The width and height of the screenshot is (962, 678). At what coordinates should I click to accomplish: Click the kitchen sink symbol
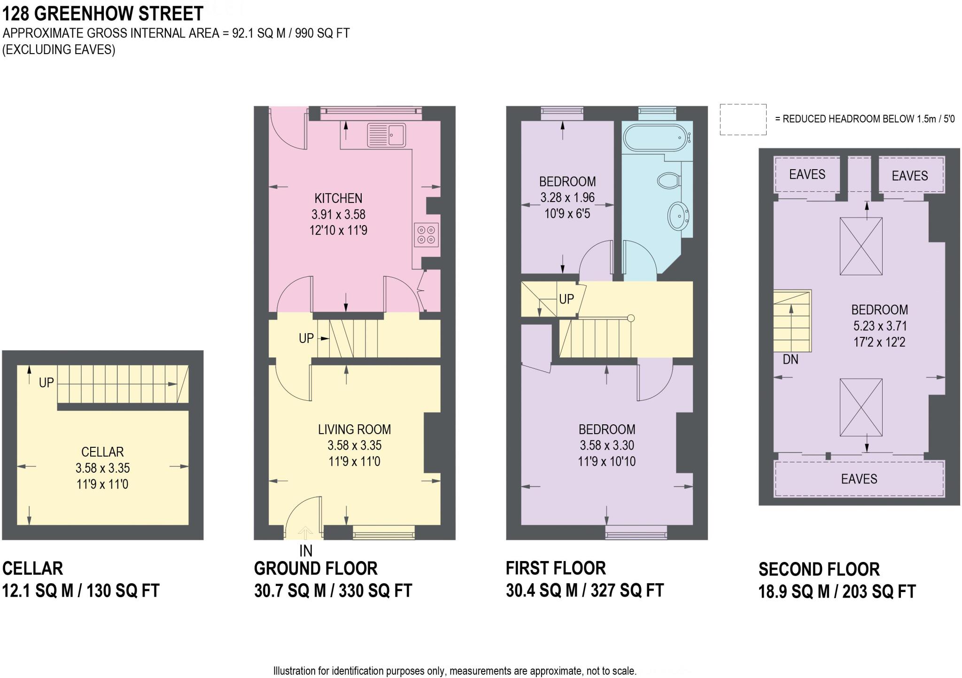pos(386,135)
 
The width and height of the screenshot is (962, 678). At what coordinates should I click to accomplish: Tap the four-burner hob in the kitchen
pos(426,235)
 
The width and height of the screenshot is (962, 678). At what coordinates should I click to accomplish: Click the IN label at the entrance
pos(306,550)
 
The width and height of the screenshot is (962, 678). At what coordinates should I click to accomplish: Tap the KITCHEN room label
pos(338,198)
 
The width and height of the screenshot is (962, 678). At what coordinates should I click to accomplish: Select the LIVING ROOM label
pos(354,429)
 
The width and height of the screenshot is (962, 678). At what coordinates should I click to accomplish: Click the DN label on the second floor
pos(791,359)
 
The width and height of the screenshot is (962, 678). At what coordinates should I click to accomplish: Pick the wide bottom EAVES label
pos(859,479)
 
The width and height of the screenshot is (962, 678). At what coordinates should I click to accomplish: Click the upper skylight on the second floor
pos(861,246)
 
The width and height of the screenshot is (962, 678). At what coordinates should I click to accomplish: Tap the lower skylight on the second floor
pos(861,407)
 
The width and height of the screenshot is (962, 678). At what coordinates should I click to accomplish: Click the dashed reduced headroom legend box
pos(743,120)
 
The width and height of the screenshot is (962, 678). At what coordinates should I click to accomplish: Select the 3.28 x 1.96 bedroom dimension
pos(567,198)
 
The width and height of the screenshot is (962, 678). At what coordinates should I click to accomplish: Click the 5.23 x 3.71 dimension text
pos(879,326)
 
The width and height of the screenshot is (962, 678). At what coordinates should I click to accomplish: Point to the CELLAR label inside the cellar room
pos(102,452)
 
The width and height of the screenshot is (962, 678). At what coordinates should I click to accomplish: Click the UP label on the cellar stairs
pos(46,383)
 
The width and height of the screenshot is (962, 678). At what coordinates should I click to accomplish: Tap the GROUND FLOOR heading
pos(316,569)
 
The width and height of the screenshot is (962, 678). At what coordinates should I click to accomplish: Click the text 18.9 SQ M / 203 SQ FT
pos(837,592)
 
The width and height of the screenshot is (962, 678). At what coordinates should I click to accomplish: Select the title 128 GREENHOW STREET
pos(103,14)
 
